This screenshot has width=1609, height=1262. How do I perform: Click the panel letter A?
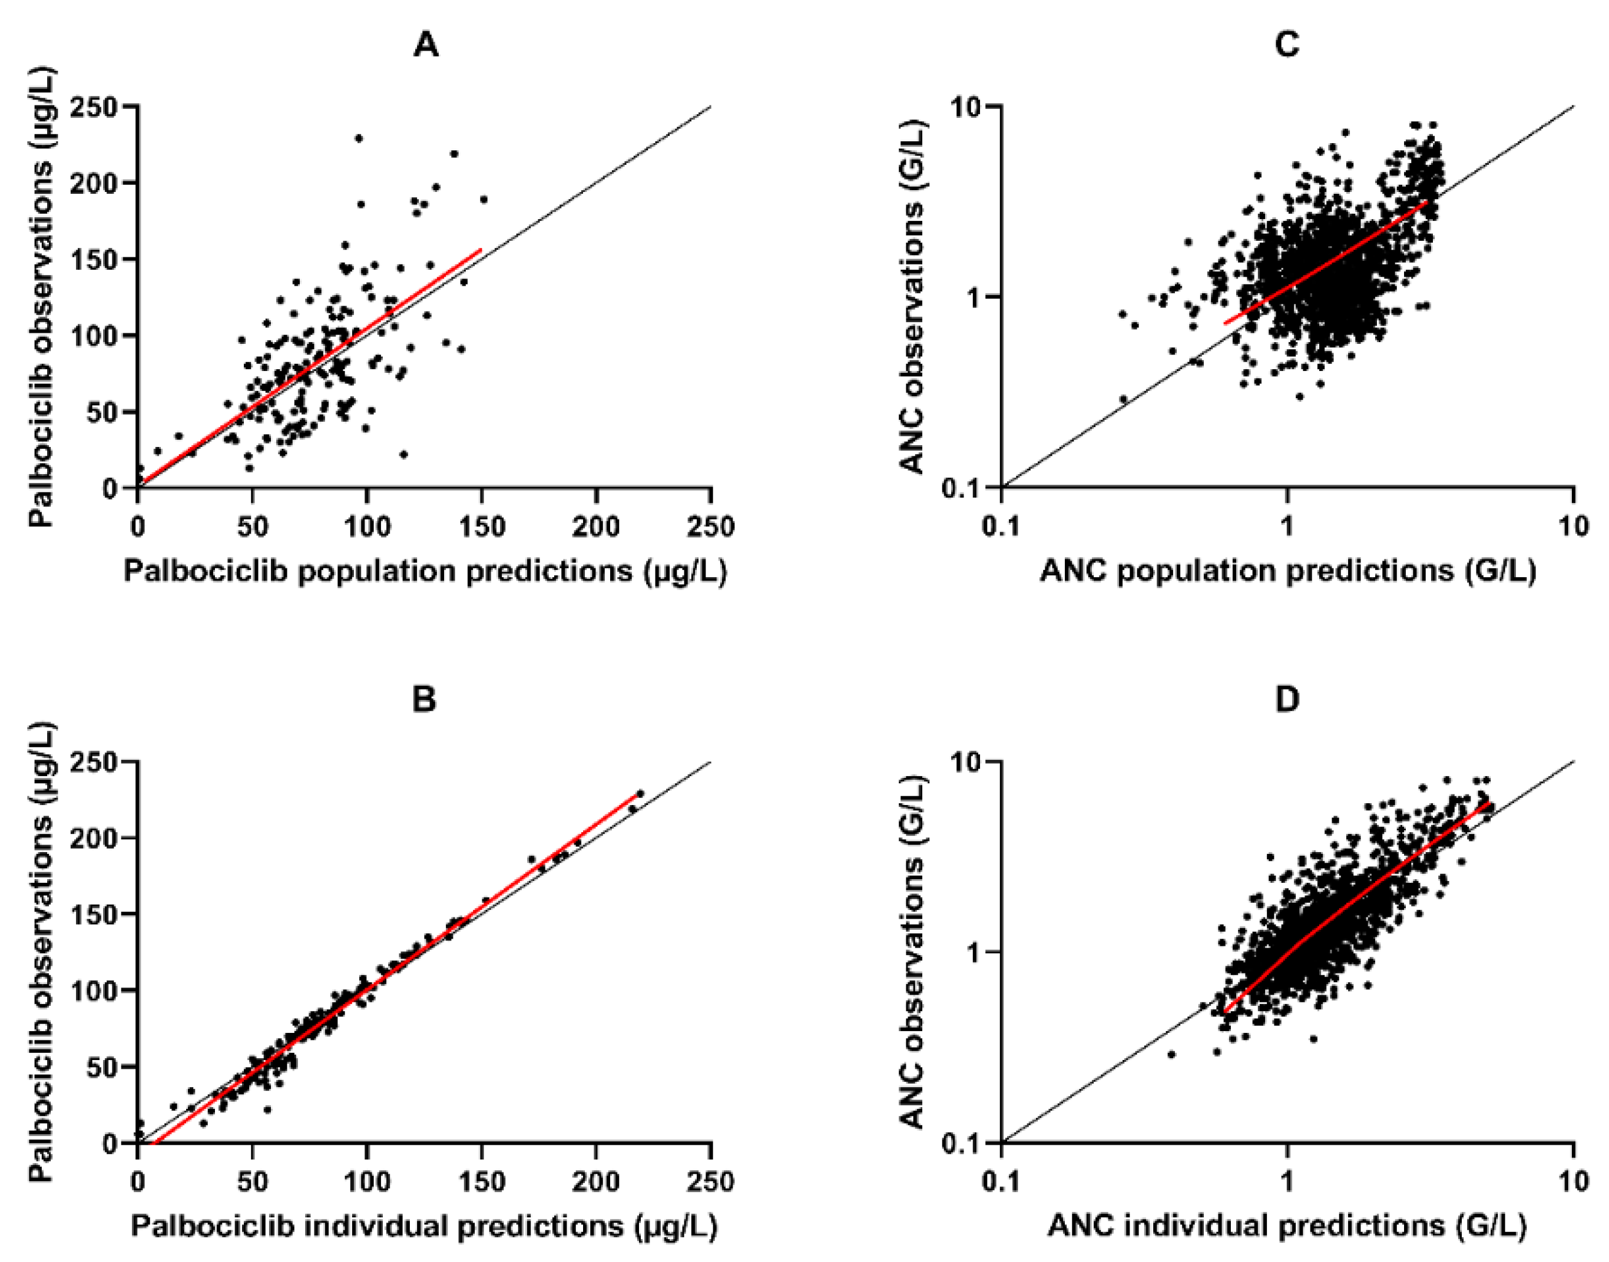(x=426, y=46)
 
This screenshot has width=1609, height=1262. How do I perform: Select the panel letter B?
(x=424, y=699)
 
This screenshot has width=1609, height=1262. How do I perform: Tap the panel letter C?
(x=1286, y=46)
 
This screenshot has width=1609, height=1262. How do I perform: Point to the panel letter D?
(x=1287, y=699)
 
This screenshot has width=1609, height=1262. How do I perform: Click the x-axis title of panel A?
(x=425, y=571)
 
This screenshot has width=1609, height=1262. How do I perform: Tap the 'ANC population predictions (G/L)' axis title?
(x=1287, y=571)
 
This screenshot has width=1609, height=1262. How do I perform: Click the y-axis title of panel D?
(x=913, y=953)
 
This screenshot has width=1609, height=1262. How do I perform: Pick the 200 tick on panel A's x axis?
(x=596, y=527)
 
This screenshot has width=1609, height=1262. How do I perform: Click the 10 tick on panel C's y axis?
(x=968, y=107)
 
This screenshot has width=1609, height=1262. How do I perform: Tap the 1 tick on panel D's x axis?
(x=1287, y=1181)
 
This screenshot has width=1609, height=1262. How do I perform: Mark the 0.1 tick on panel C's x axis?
(x=1002, y=527)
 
